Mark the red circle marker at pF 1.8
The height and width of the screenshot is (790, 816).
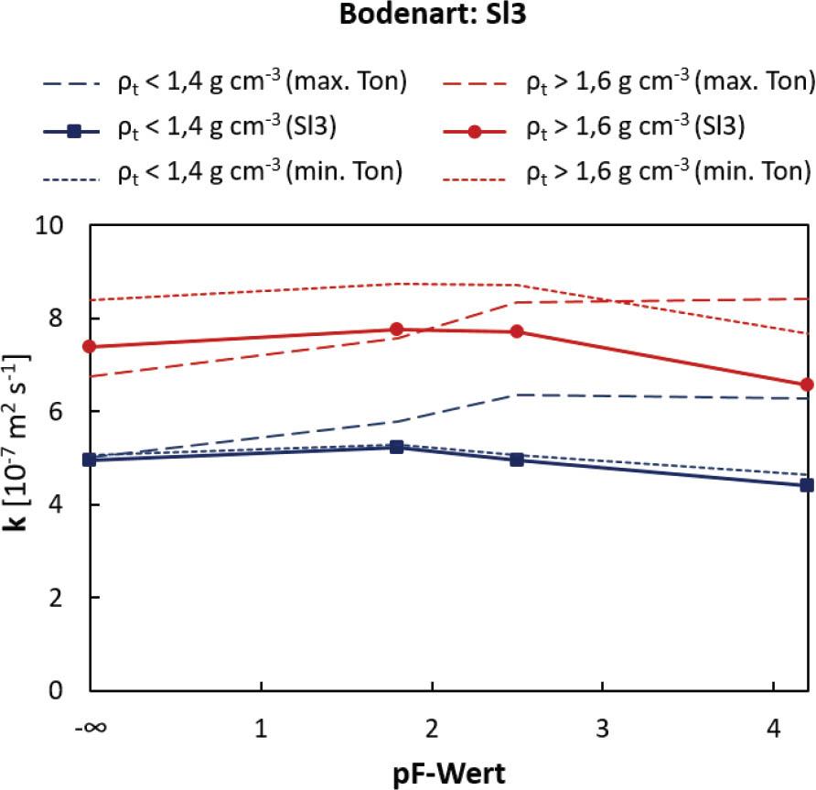[397, 330]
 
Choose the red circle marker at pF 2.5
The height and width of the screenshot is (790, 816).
[516, 331]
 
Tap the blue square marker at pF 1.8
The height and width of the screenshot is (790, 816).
[397, 447]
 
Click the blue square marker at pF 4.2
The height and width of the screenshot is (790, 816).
[807, 485]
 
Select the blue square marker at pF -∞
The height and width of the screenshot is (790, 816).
[90, 460]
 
